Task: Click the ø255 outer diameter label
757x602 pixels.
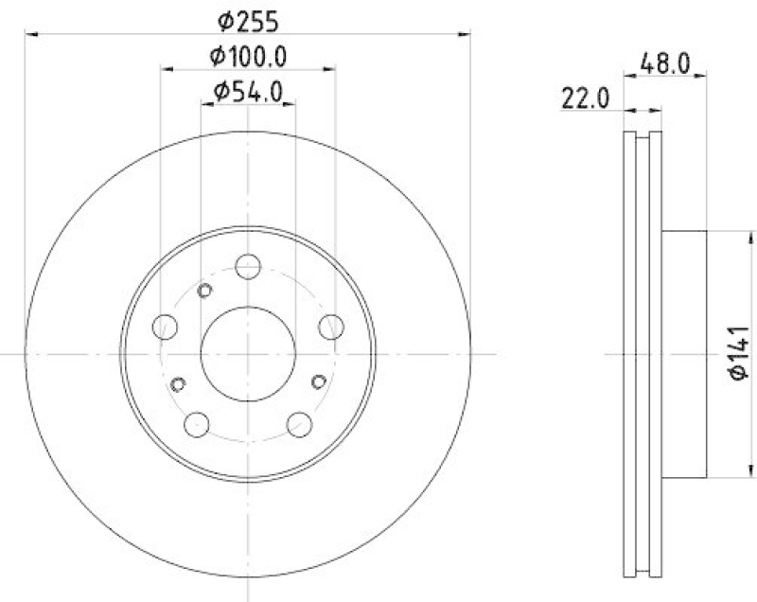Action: click(248, 19)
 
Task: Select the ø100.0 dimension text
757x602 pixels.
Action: click(248, 56)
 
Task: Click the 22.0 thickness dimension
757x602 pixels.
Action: click(584, 98)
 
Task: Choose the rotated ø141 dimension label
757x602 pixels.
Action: click(738, 354)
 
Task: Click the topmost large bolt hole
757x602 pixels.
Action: click(248, 266)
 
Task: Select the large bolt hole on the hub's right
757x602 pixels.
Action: click(330, 328)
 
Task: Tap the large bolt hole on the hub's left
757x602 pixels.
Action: click(166, 328)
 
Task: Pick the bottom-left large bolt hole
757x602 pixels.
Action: click(197, 424)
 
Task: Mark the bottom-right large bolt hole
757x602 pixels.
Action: click(299, 424)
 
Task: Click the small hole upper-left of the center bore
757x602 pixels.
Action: click(204, 291)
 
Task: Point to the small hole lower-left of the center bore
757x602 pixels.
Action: click(178, 383)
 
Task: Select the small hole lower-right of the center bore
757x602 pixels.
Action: click(319, 381)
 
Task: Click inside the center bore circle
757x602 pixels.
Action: click(248, 352)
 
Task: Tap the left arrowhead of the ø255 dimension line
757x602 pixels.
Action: click(30, 34)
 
